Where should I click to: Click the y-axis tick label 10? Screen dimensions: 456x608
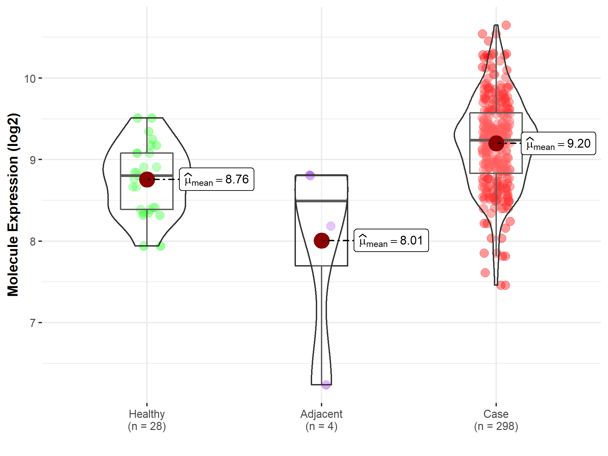point(30,79)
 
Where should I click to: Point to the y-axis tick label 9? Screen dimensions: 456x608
point(32,160)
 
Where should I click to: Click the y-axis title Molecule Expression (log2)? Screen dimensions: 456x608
point(13,205)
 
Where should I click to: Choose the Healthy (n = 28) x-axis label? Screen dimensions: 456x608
point(147,420)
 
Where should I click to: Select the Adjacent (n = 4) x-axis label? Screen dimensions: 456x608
point(321,420)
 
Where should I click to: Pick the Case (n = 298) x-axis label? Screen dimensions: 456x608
point(496,420)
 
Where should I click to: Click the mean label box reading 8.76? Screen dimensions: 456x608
point(217,179)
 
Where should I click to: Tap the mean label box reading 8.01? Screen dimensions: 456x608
point(391,240)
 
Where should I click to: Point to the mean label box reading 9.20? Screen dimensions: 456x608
point(558,144)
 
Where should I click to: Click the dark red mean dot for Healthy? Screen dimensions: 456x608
point(147,179)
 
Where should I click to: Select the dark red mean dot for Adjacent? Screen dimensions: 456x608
point(322,240)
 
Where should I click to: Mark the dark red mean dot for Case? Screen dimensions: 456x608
point(496,143)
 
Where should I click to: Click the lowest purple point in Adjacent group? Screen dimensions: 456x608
point(326,384)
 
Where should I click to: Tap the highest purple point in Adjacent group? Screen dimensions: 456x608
point(310,175)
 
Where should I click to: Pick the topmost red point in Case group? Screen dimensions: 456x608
point(506,25)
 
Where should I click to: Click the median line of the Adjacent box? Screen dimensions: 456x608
point(321,201)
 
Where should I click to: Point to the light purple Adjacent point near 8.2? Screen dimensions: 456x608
point(331,226)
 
